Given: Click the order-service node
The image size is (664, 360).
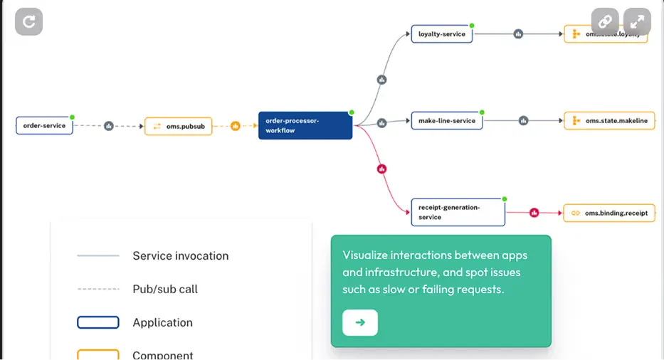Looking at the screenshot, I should (44, 126).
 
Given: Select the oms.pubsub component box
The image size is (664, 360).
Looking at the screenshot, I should (178, 127).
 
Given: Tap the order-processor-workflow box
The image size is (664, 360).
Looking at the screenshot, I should (305, 125).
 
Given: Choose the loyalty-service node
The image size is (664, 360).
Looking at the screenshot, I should (442, 34).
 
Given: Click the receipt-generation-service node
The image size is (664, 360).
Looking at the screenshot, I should (458, 212).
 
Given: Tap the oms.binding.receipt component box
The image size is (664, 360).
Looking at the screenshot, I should (609, 213).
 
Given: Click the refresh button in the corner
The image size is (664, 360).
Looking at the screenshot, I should (28, 21).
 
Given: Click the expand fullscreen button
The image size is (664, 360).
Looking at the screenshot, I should (637, 21).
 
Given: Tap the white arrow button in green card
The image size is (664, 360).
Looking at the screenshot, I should (360, 322).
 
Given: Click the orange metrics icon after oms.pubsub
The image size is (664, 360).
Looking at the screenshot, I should (236, 126).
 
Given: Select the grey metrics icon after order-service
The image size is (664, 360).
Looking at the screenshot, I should (109, 126).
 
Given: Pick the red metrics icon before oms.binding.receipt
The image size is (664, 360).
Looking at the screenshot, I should (534, 213).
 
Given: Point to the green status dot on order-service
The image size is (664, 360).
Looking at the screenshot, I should (72, 117).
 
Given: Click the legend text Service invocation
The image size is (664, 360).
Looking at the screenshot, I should (180, 256).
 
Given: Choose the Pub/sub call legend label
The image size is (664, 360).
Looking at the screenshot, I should (165, 289).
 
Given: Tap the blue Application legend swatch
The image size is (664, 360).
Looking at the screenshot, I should (98, 322).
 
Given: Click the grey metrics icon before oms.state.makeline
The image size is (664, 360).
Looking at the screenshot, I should (524, 121).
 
